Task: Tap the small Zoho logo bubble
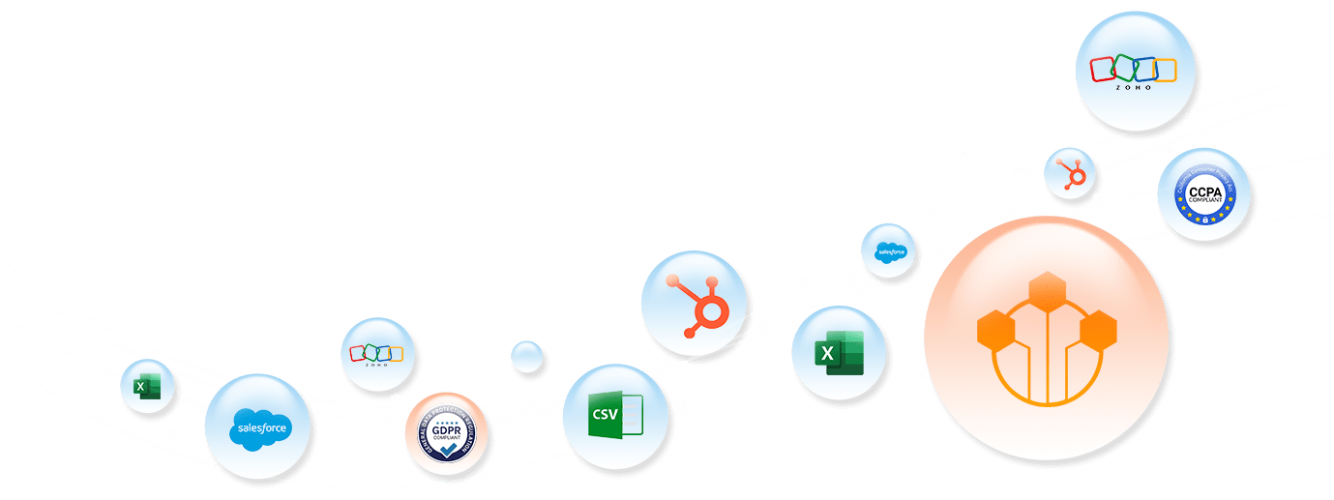tap(377, 354)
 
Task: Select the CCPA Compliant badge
tap(1203, 194)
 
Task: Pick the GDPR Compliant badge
tap(445, 434)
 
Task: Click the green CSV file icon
tap(614, 416)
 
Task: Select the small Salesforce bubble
tap(888, 250)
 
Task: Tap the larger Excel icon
tap(839, 352)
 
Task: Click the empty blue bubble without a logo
tap(527, 357)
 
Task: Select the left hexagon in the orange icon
tap(996, 331)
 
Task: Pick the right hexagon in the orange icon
tap(1098, 331)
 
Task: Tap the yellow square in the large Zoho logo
tap(1164, 70)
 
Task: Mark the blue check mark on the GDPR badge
tap(445, 450)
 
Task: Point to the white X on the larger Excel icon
tap(827, 353)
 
